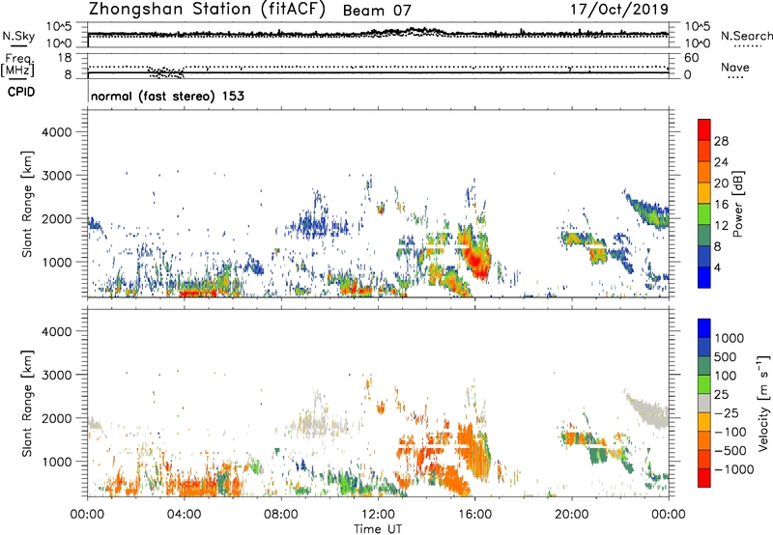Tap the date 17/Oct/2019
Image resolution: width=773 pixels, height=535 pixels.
tap(617, 11)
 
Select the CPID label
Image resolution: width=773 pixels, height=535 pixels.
tap(18, 94)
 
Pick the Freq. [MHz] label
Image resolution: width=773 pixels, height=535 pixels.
tap(17, 63)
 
